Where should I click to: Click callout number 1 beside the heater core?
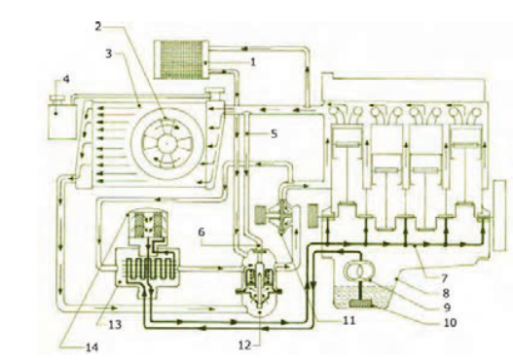pos(252,62)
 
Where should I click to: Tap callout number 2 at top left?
pos(97,26)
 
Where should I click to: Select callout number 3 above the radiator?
pos(109,54)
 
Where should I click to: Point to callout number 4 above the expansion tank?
pos(66,79)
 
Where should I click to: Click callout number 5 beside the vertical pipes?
pos(274,133)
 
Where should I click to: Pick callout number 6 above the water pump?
pos(202,232)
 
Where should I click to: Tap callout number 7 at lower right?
pos(444,278)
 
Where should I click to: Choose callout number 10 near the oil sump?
pos(450,322)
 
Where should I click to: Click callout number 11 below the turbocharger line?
pos(348,320)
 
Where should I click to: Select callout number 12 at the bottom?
pos(244,345)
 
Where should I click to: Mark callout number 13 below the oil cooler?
pos(115,324)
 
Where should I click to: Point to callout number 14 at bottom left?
pos(92,347)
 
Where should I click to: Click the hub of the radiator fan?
pos(166,143)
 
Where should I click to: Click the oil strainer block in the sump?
pos(361,304)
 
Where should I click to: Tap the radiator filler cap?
pos(214,90)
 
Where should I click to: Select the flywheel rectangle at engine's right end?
pos(500,215)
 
